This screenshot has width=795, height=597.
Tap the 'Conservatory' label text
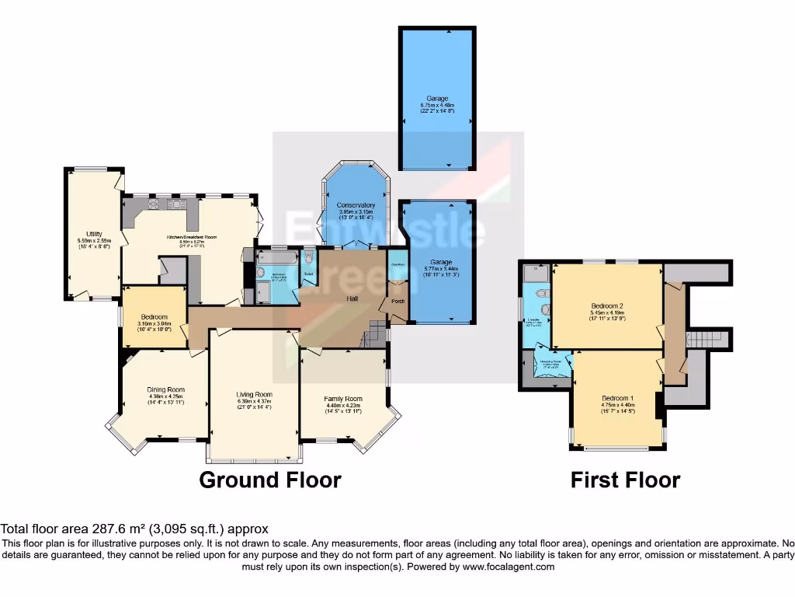pyautogui.click(x=356, y=205)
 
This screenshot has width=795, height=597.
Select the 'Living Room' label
pyautogui.click(x=255, y=394)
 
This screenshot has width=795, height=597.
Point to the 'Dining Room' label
pyautogui.click(x=165, y=390)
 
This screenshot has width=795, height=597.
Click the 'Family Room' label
pyautogui.click(x=343, y=399)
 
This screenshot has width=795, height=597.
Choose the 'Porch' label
pyautogui.click(x=397, y=302)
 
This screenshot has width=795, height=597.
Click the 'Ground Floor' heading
pyautogui.click(x=269, y=480)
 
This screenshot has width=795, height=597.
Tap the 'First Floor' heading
pyautogui.click(x=625, y=480)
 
